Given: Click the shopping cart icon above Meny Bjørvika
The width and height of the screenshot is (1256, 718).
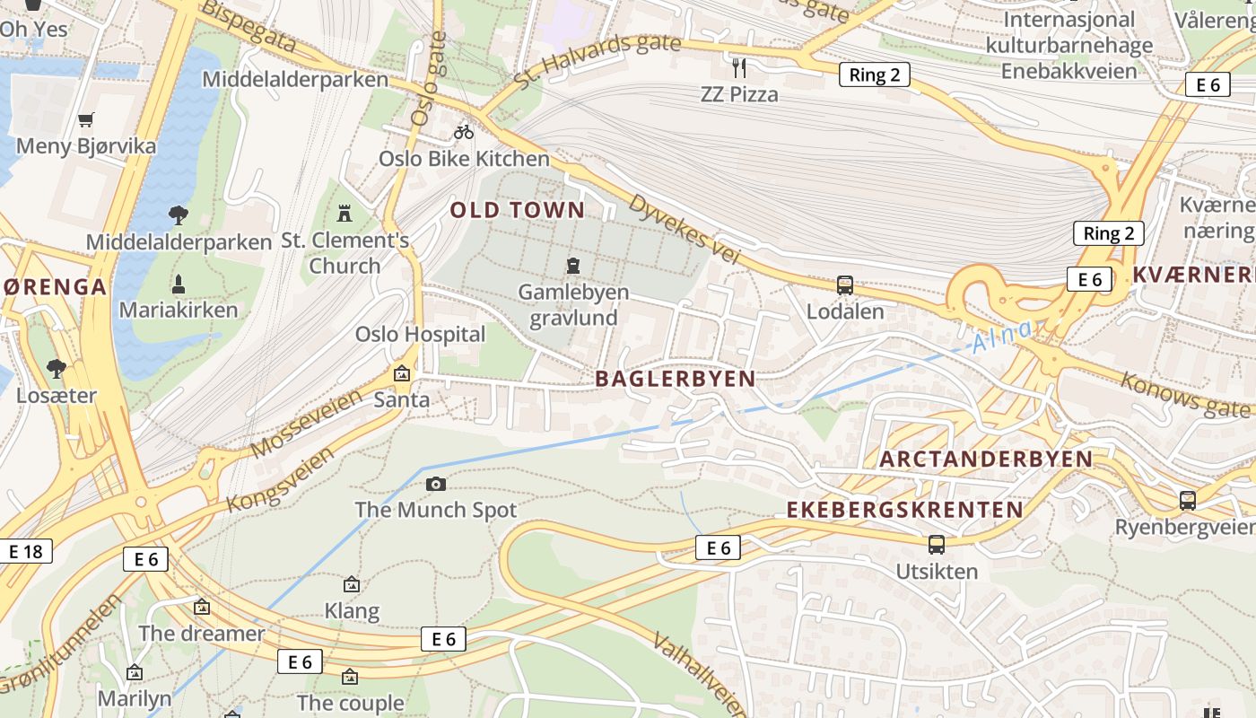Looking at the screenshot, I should point(86,119).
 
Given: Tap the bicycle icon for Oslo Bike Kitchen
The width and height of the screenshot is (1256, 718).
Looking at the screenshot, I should point(464,132).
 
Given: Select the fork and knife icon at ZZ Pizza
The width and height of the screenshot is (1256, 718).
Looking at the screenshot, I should point(739,67).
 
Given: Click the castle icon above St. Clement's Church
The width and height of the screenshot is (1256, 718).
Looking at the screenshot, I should point(344,214).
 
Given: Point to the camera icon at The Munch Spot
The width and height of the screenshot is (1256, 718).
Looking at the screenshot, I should point(436,485).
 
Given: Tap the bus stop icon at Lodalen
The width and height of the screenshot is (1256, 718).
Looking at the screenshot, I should point(844,285).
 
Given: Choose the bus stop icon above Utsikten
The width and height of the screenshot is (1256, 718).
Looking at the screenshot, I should point(937,544).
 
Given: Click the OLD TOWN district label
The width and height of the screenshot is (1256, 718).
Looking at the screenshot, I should point(517,211).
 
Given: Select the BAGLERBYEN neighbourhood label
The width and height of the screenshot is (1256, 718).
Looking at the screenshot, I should point(676,379).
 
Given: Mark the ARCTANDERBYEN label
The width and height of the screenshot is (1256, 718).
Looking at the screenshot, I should point(986,460).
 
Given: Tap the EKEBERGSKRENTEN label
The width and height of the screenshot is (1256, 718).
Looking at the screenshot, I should point(904,510).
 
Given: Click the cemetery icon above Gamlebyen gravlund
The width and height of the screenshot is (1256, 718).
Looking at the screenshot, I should point(573,266).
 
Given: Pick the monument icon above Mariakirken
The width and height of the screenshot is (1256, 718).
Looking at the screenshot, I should point(179,285).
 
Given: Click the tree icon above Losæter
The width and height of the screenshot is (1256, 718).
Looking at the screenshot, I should point(56,368).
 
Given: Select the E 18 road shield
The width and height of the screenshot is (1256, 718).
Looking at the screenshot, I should point(25,551).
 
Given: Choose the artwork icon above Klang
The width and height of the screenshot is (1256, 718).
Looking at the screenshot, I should point(352,584).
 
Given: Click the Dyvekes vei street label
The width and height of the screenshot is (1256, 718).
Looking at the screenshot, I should point(685,229).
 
